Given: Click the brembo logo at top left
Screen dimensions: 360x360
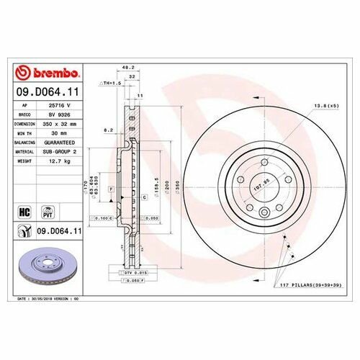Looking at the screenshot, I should [49, 73].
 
